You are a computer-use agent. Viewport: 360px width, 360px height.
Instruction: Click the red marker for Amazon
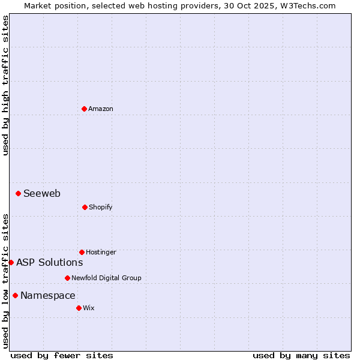[84, 109]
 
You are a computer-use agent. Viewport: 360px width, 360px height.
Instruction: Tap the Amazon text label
[101, 109]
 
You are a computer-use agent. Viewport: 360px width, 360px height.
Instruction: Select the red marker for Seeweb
[19, 193]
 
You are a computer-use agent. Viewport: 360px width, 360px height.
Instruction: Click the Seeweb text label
[42, 193]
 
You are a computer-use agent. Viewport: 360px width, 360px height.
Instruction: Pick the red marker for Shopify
[85, 207]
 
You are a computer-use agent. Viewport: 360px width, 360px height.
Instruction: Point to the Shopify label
[101, 208]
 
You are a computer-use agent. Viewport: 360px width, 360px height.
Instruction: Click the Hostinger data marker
[82, 252]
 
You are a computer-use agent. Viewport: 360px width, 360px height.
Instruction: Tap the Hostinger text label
[101, 253]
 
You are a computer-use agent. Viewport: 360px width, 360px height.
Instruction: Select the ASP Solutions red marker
[11, 262]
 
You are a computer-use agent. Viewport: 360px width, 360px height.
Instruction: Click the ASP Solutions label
[50, 262]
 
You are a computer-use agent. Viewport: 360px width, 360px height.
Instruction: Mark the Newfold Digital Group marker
[67, 278]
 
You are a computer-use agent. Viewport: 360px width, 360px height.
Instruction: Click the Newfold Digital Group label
[106, 278]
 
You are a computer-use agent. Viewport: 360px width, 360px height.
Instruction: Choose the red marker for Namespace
[15, 295]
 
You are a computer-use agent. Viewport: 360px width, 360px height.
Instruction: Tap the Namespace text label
[48, 295]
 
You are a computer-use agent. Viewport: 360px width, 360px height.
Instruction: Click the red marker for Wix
[79, 308]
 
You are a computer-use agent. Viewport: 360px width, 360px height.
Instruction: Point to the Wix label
[89, 308]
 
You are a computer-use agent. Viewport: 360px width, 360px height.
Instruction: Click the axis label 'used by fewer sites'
[62, 355]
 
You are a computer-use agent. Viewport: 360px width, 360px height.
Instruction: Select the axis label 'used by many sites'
[301, 355]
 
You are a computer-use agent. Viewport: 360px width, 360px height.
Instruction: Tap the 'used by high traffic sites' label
[5, 85]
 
